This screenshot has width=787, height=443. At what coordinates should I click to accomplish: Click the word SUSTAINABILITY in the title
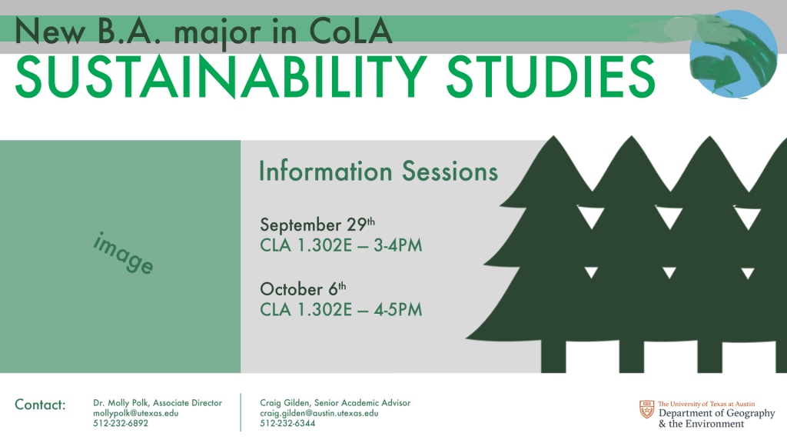point(221,77)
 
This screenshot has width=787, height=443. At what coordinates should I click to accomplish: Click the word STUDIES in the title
point(550,77)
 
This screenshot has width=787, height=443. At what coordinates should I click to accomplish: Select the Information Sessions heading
point(378,172)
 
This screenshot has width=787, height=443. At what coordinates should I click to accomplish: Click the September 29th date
point(317,225)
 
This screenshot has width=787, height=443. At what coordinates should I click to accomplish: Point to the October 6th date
point(303,289)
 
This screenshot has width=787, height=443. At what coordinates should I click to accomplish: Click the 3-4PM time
point(397,245)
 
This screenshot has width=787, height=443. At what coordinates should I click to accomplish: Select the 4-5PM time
point(397,310)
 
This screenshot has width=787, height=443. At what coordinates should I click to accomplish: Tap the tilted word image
point(123,252)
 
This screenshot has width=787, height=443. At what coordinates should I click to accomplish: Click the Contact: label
point(40,405)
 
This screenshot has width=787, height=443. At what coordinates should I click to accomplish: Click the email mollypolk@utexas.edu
point(135,413)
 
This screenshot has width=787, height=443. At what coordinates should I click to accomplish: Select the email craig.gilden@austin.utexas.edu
point(319,413)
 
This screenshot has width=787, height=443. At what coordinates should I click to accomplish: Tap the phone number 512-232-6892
point(121,424)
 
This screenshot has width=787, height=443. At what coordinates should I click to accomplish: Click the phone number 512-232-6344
point(287,424)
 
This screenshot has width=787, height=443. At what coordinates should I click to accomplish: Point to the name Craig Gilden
point(284,403)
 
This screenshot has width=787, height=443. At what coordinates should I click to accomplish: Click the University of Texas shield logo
point(647,410)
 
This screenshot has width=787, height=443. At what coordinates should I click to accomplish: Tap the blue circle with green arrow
point(733,54)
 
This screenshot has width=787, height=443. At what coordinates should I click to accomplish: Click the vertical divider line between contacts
point(241,412)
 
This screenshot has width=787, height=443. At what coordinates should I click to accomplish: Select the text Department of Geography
point(717,413)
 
